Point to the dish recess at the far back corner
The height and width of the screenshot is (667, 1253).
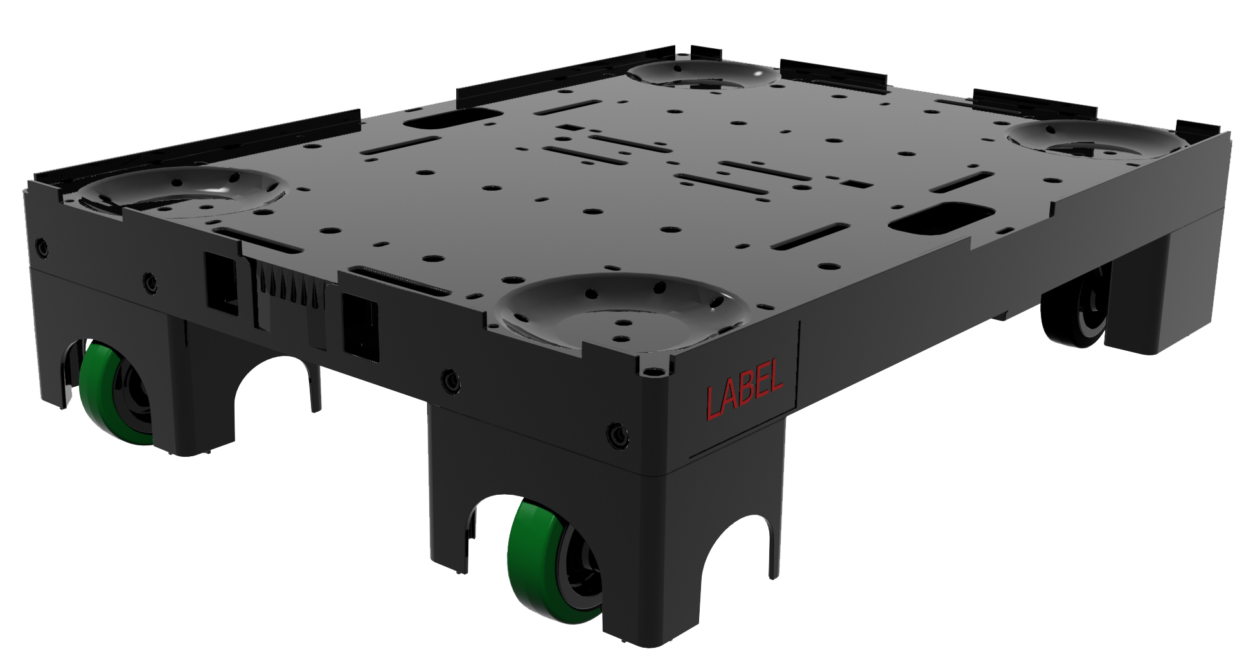coord(703,75)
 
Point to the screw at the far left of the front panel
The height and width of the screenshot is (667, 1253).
coord(42,247)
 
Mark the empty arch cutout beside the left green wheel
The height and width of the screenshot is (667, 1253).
coord(273,398)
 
